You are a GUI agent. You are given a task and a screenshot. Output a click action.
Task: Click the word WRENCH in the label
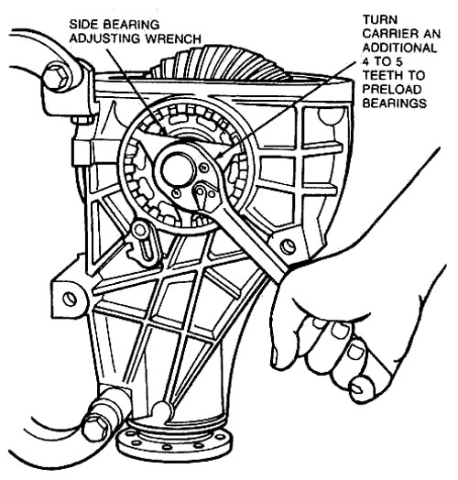pos(173,38)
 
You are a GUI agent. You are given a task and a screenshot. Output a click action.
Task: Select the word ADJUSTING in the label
pos(105,38)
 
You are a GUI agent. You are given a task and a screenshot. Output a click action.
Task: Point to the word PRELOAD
pos(392,90)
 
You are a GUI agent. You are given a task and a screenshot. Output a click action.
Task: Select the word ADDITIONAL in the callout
pos(399,48)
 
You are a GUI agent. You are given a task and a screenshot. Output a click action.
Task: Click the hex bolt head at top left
pos(57,77)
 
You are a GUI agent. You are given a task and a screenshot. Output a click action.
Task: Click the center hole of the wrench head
pos(178,169)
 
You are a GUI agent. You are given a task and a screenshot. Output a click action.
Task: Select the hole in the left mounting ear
pos(70,299)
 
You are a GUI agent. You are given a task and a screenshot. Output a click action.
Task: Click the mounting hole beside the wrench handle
pos(289,245)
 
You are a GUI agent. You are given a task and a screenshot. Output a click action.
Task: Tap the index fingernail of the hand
pos(339,331)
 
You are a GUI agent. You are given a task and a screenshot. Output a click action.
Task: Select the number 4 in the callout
pos(365,62)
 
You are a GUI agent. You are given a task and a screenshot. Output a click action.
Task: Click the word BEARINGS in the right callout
pos(394,104)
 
